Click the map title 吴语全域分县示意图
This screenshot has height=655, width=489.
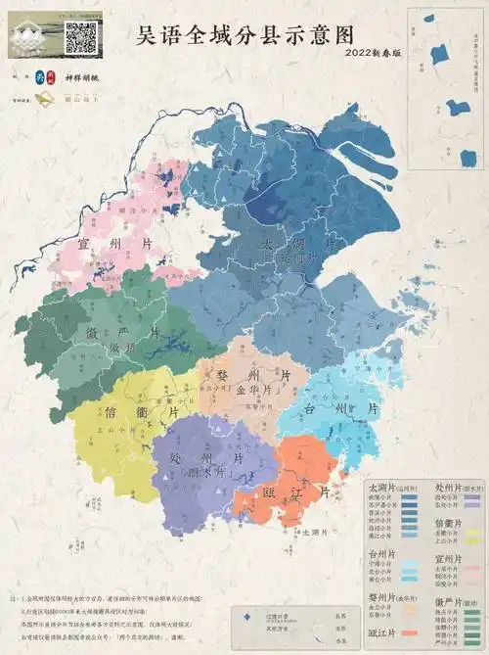(x=244, y=36)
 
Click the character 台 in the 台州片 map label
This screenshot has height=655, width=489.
(x=311, y=407)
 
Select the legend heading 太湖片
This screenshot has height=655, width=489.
(x=378, y=487)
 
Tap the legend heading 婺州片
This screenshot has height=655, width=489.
(x=378, y=597)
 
